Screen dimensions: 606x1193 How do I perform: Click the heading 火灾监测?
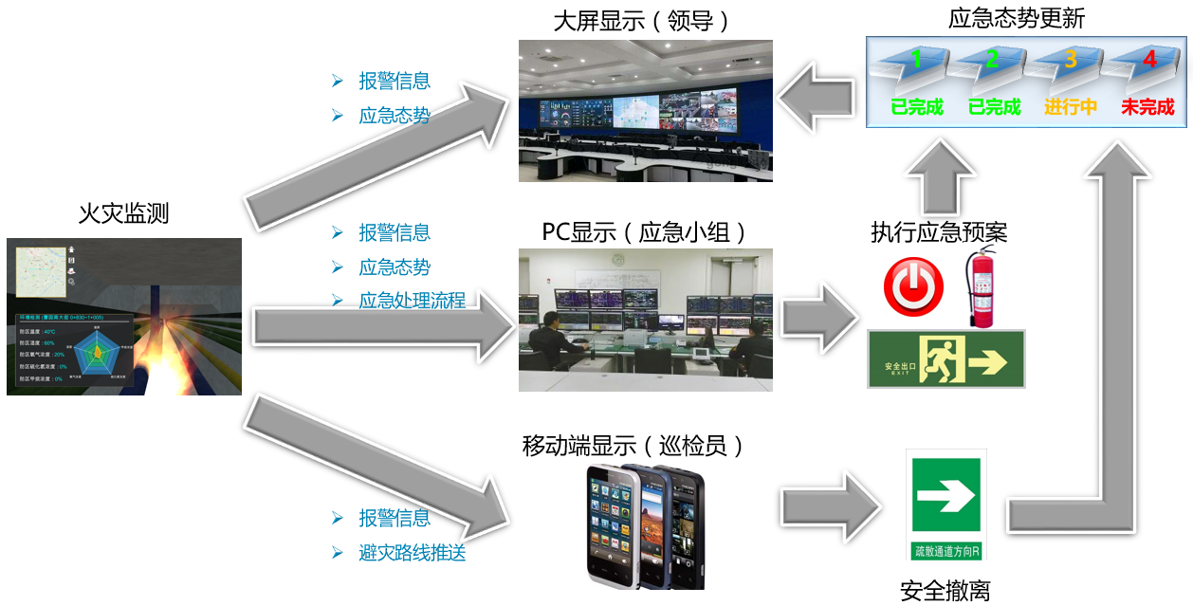point(123,213)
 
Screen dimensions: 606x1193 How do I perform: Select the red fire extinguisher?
point(979,288)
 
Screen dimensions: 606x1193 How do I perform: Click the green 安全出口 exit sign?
point(945,359)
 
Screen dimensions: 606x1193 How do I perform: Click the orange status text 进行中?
point(1070,107)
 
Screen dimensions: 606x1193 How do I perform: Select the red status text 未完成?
point(1147,107)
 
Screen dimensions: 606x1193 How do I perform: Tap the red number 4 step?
point(1149,60)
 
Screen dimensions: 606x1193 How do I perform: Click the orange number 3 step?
point(1071,60)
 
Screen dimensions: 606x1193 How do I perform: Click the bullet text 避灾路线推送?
point(412,553)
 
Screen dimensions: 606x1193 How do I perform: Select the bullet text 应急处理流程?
point(412,301)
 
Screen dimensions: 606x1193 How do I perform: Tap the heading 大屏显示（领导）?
point(646,21)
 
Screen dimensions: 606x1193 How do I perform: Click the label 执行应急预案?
point(939,232)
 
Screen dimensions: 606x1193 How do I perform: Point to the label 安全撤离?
point(945,591)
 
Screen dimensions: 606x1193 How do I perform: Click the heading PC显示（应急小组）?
point(645,232)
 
